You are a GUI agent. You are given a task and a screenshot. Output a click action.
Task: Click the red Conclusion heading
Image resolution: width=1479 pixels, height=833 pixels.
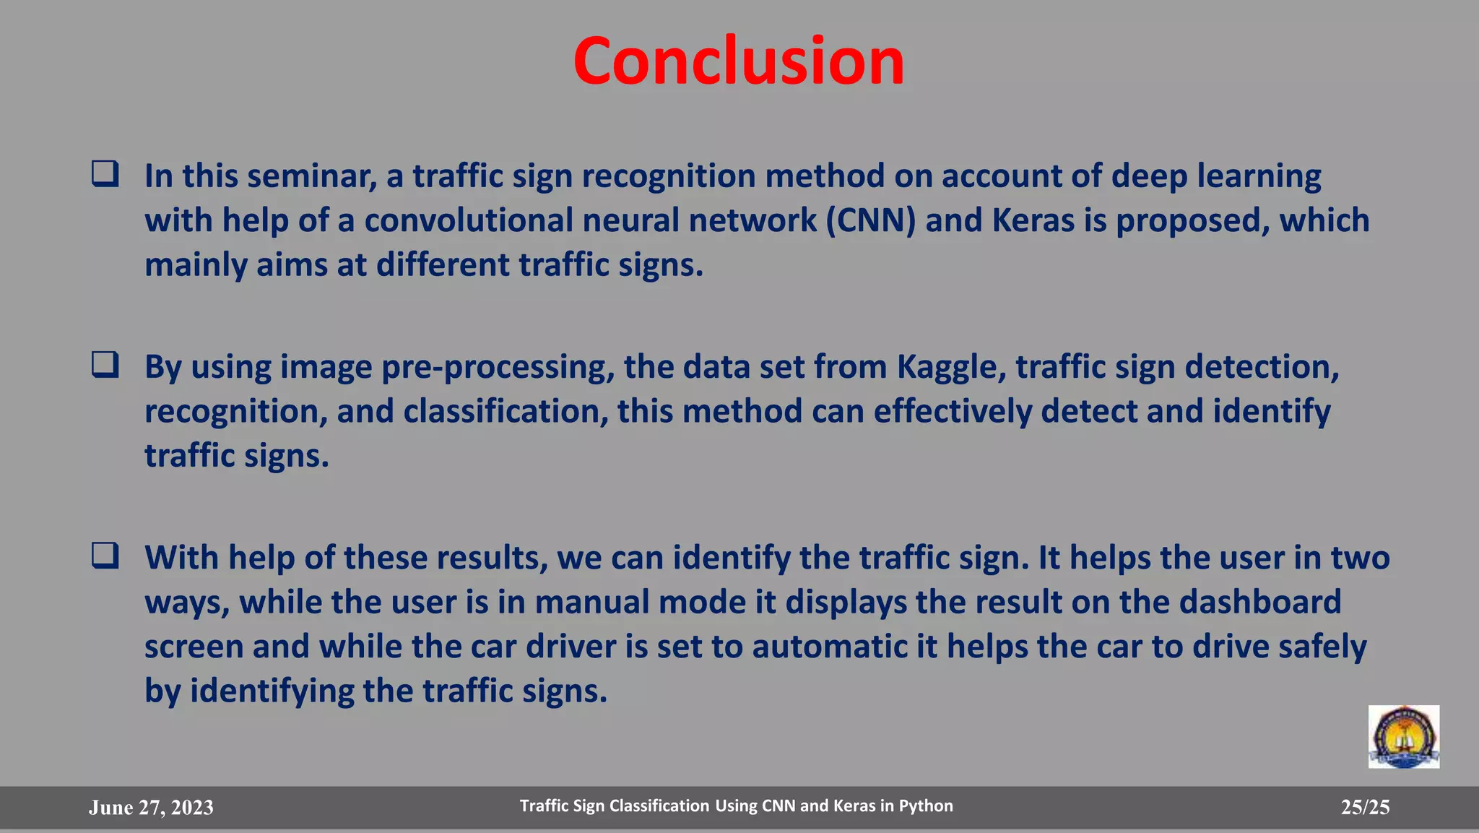738,61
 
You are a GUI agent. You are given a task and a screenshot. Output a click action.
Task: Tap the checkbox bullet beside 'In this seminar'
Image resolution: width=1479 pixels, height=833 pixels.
105,174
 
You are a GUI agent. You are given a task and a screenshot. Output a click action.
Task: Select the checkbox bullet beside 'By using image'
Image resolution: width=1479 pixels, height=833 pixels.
105,365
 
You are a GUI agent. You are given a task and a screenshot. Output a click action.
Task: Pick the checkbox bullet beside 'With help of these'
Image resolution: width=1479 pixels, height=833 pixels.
105,556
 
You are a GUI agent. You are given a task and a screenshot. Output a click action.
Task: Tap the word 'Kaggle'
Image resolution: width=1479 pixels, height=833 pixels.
952,367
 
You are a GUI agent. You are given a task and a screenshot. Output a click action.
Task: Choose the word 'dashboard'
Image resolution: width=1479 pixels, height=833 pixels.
1260,602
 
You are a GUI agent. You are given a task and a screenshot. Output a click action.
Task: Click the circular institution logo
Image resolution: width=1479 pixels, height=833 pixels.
1403,737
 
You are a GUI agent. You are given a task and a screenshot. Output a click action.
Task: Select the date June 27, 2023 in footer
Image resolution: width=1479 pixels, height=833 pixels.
151,808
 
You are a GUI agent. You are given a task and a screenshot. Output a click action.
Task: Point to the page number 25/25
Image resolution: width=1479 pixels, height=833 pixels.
1365,807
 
